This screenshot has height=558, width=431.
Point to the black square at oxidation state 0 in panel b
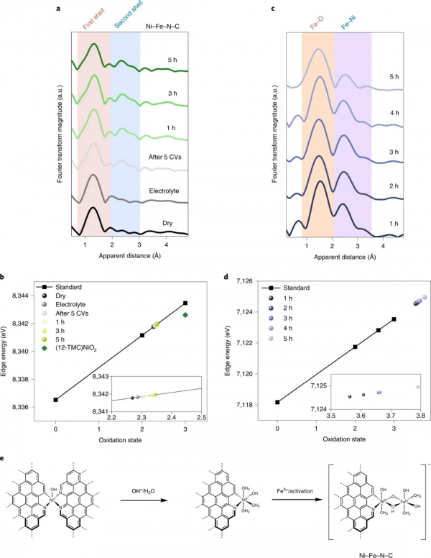[55, 399]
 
